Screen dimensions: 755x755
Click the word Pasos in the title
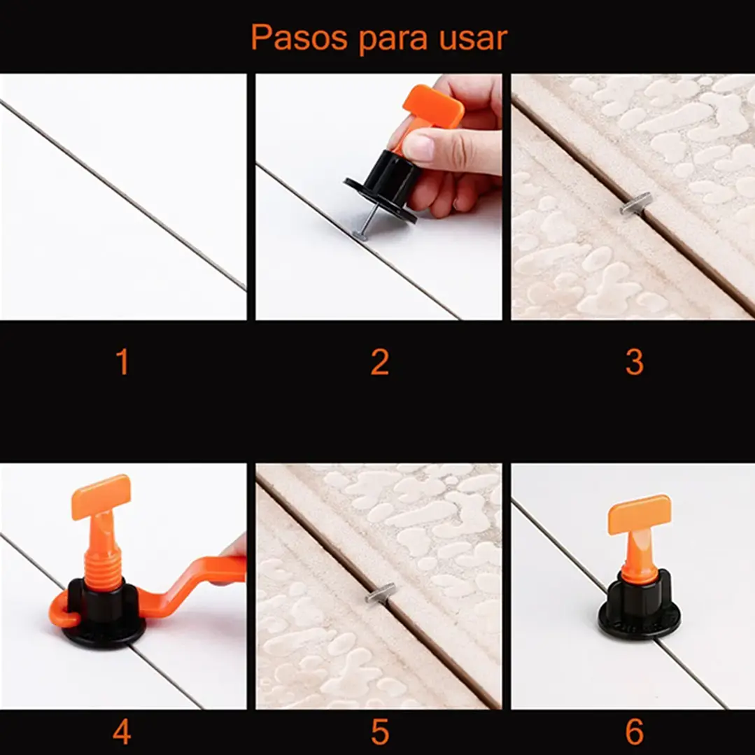pos(299,38)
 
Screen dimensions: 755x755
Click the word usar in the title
pos(473,38)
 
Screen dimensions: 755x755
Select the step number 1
pos(123,362)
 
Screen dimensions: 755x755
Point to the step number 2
pos(379,362)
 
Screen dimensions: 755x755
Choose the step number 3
pos(634,362)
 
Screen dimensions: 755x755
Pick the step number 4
pos(122,732)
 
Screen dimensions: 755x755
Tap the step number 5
pos(379,732)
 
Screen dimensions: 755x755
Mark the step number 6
pos(634,732)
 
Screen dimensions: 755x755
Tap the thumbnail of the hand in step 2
pos(417,146)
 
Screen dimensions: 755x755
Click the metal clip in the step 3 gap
pos(635,203)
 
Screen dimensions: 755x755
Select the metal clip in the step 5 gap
pos(380,593)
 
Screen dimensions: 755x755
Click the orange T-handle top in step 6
pos(639,514)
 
